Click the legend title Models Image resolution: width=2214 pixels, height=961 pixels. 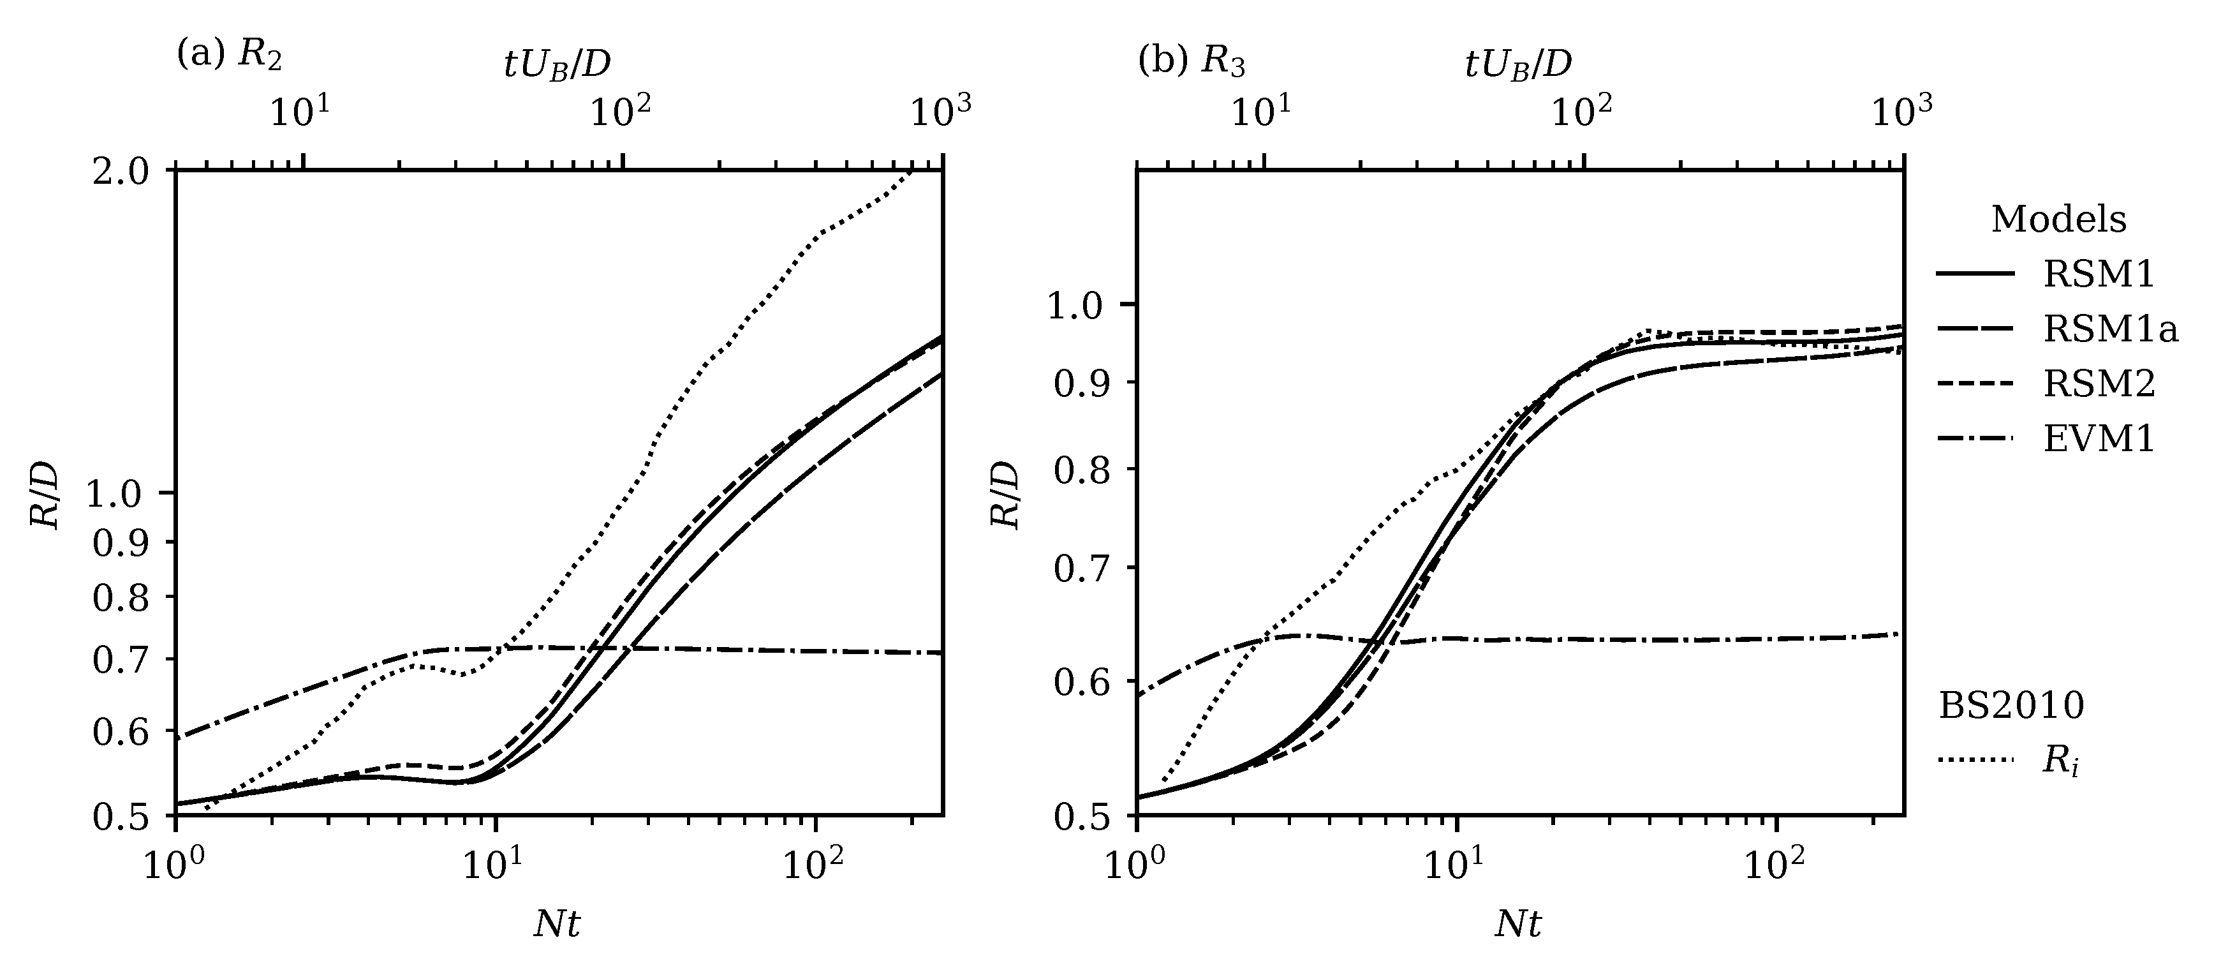pos(2058,220)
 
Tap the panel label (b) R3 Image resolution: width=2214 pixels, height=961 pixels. pos(1192,62)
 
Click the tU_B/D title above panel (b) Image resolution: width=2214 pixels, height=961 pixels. pos(1519,64)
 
